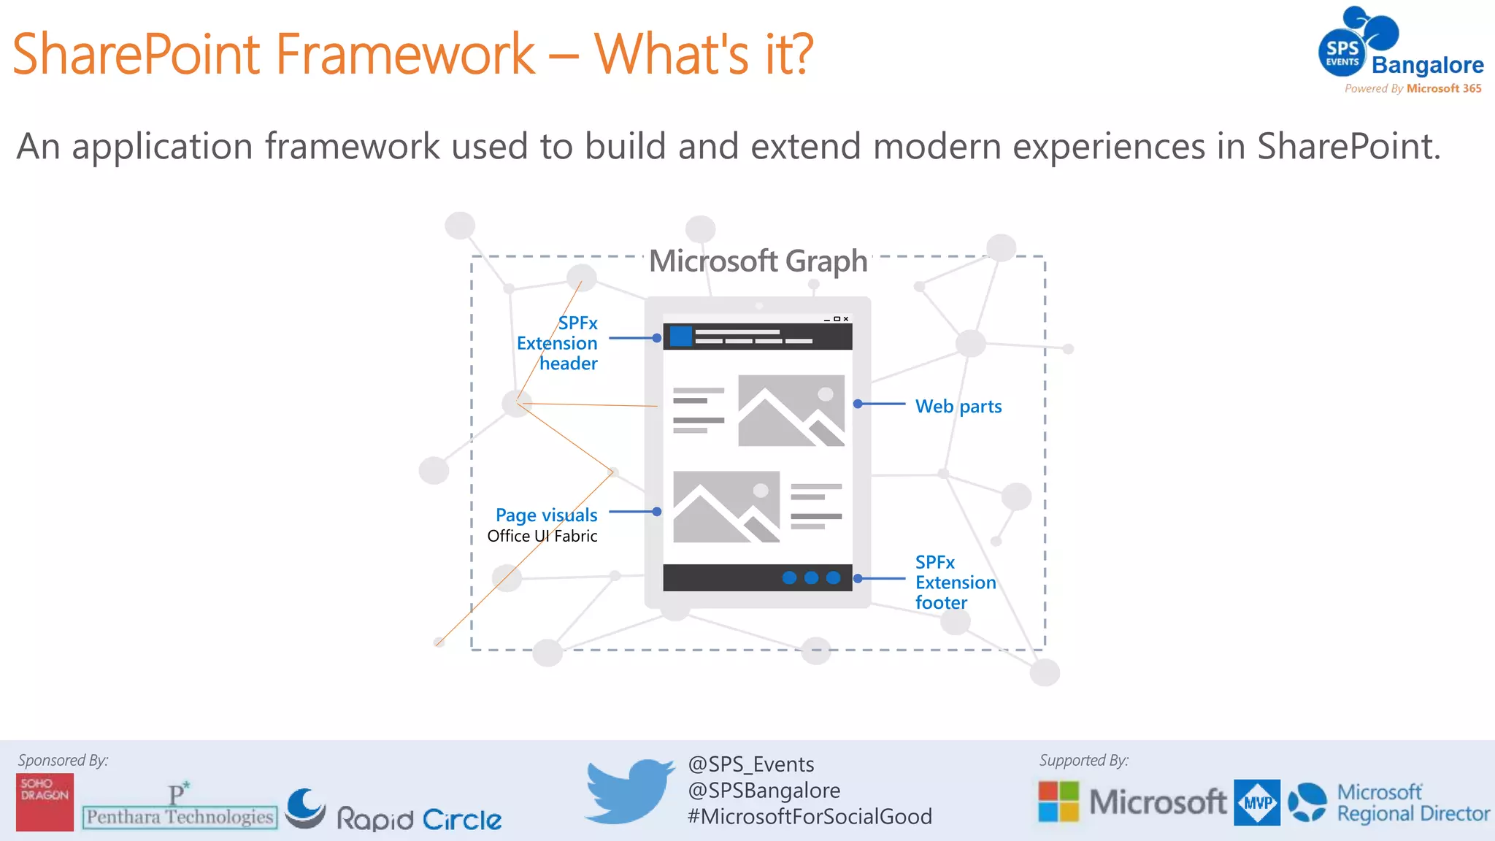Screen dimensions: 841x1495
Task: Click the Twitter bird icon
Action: click(629, 791)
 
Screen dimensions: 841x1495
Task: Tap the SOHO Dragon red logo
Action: click(45, 802)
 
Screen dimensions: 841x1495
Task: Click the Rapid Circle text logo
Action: click(419, 819)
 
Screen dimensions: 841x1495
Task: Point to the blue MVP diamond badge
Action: click(1256, 802)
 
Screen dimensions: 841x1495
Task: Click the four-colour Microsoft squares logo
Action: click(1058, 802)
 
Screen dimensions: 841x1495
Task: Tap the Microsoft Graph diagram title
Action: click(758, 261)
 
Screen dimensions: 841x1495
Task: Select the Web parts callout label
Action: click(958, 406)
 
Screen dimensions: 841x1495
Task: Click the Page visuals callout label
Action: click(546, 515)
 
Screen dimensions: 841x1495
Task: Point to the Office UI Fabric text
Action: click(542, 536)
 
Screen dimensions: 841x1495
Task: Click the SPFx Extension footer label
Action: click(954, 582)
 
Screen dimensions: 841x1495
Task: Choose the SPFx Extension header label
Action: click(558, 343)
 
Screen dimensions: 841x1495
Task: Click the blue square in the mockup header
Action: click(680, 337)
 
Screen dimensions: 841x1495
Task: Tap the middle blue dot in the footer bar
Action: click(811, 577)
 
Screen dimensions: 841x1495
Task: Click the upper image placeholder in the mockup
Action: click(791, 410)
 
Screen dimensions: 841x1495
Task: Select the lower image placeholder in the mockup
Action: click(726, 507)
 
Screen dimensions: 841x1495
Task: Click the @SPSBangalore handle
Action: click(764, 790)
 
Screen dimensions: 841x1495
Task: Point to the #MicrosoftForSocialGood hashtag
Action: click(809, 816)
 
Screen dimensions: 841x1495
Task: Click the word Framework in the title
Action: click(405, 54)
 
